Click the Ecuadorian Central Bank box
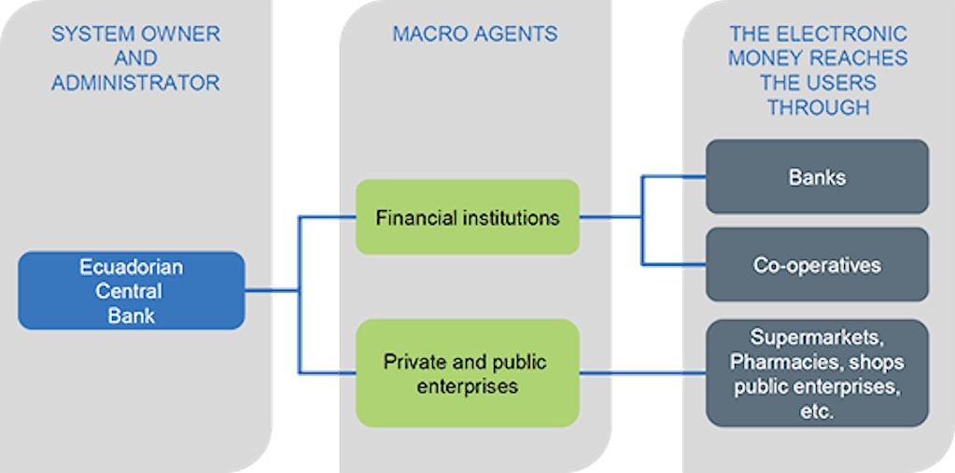click(131, 290)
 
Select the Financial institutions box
click(467, 217)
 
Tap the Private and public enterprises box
click(467, 373)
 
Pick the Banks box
click(817, 176)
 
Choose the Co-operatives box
click(817, 264)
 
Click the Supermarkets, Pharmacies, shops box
click(817, 372)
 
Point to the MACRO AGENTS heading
click(474, 35)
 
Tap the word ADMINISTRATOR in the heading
click(135, 83)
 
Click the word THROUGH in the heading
click(818, 107)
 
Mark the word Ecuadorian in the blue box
click(131, 268)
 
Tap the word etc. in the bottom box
click(818, 410)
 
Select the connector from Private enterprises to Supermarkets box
click(642, 374)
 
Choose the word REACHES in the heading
click(863, 59)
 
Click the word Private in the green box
click(414, 361)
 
